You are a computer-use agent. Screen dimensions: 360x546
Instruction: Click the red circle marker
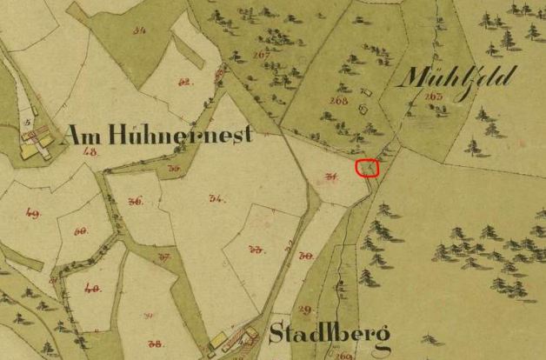(x=368, y=167)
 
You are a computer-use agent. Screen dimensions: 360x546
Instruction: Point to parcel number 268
(x=338, y=101)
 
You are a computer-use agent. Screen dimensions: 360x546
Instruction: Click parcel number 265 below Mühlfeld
(x=434, y=96)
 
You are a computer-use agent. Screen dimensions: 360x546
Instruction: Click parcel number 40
(x=91, y=288)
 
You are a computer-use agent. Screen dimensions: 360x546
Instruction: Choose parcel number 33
(x=256, y=249)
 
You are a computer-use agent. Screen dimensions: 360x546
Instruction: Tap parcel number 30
(x=305, y=256)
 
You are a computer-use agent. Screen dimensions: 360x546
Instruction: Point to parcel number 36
(x=135, y=201)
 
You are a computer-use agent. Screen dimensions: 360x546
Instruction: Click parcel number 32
(x=184, y=83)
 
